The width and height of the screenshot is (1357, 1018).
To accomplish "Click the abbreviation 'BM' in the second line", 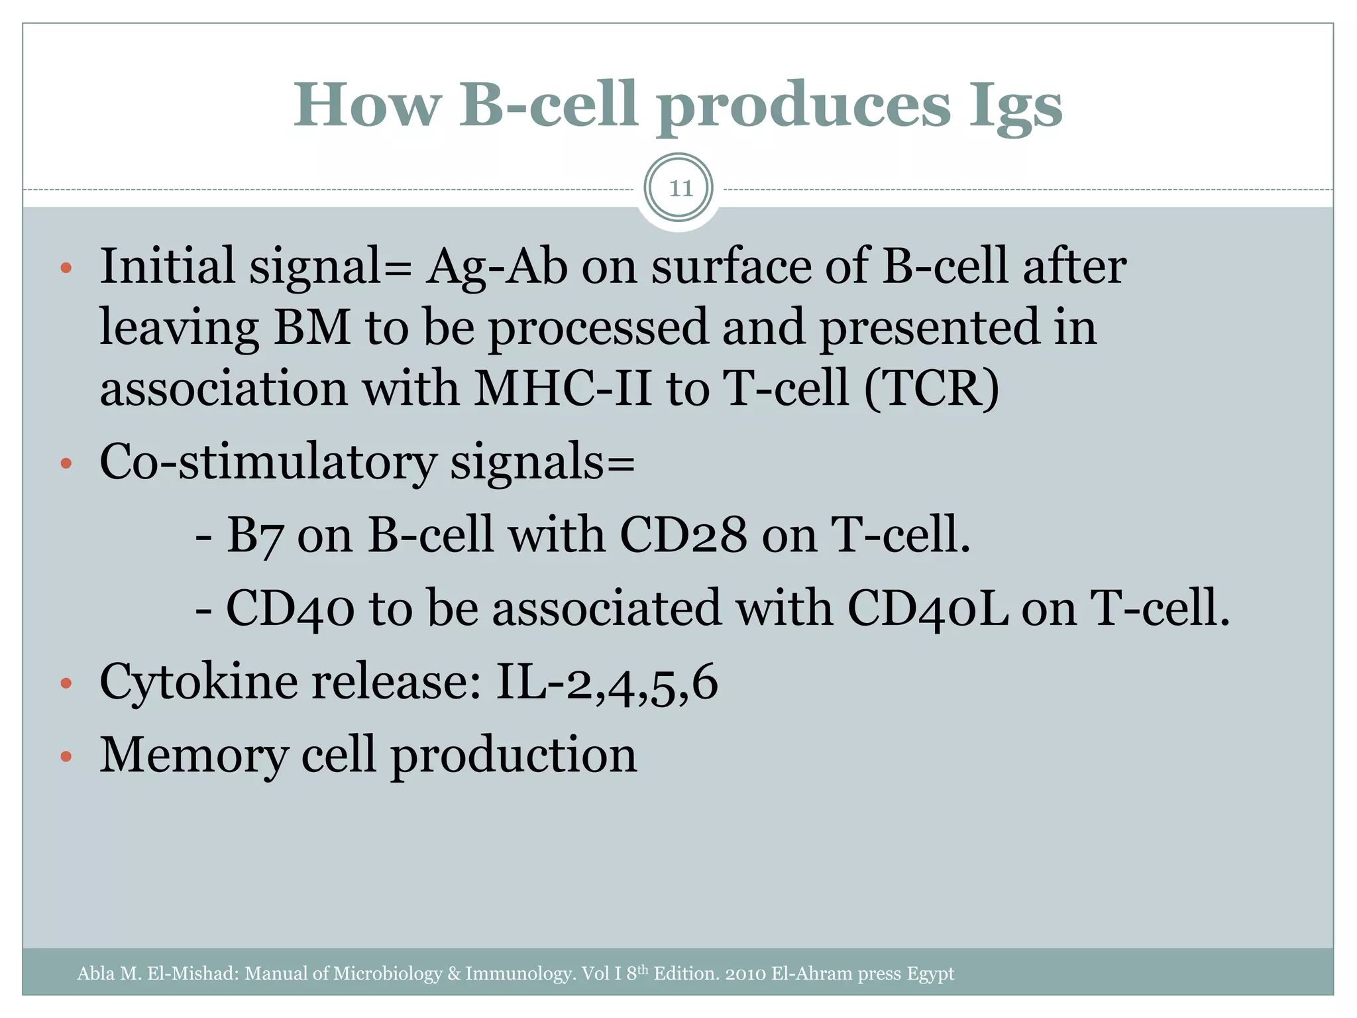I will (x=312, y=327).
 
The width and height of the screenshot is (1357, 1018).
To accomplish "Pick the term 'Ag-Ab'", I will (x=497, y=266).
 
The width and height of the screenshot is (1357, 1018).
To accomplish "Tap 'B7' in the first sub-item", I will (x=254, y=535).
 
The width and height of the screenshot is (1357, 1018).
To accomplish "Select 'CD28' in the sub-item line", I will (x=683, y=535).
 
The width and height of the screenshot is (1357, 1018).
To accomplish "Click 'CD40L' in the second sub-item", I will (x=928, y=608).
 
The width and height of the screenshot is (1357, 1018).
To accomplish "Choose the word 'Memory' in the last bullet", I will (x=193, y=755).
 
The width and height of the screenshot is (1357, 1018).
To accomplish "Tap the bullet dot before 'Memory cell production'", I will (x=66, y=757).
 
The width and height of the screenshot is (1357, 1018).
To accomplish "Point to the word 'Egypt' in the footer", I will (x=930, y=974).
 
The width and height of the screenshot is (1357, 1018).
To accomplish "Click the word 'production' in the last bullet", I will (x=514, y=756).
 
